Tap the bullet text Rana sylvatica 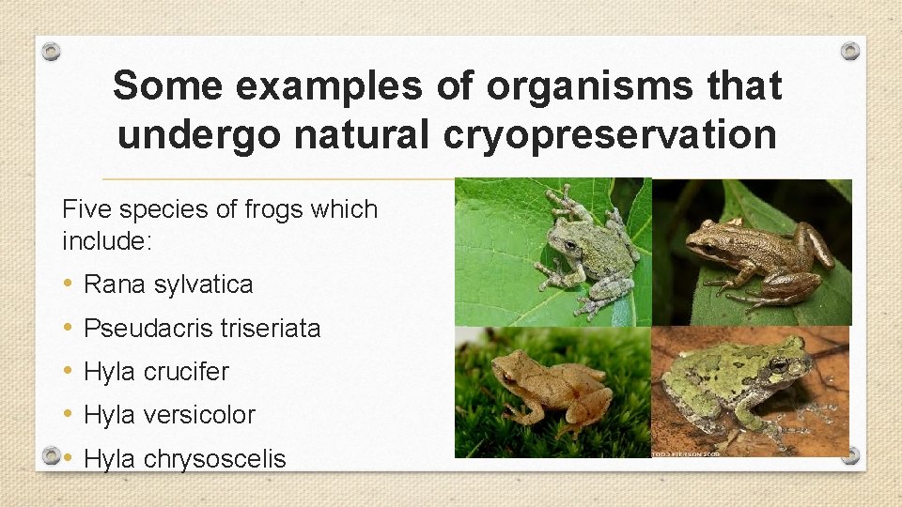(168, 284)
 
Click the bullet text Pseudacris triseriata (202, 328)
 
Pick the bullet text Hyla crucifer (156, 372)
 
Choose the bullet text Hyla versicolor (169, 415)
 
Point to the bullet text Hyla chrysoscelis (184, 458)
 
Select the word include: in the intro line (105, 241)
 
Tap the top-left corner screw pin (53, 51)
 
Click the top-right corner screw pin (849, 51)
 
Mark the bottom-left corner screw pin (53, 456)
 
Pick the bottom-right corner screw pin (849, 456)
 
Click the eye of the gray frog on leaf (569, 246)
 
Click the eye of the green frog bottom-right (777, 363)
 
